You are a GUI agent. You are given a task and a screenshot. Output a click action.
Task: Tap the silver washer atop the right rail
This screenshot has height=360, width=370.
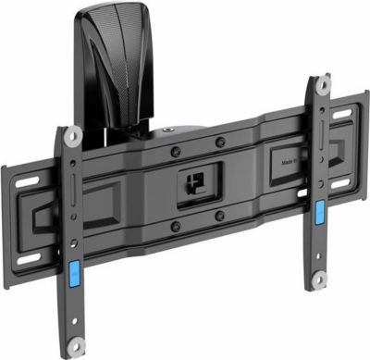tap(320, 85)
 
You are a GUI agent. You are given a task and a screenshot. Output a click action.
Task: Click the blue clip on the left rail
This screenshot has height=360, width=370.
tap(72, 275)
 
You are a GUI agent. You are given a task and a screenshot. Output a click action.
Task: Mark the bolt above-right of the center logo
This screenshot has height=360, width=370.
tap(219, 142)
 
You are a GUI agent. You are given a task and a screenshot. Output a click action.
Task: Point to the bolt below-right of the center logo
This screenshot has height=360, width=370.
tap(220, 215)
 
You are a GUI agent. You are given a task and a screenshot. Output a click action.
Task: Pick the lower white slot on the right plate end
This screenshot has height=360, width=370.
tap(341, 182)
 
